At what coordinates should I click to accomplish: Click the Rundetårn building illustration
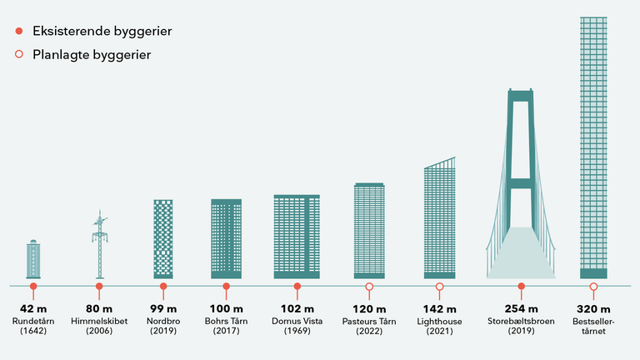(33, 259)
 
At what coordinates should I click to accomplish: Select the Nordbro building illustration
(163, 238)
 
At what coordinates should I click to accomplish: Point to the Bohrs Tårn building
(227, 238)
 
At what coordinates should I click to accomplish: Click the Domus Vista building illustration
(297, 237)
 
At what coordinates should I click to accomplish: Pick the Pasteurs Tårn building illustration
(368, 231)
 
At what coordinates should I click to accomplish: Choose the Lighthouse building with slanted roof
(439, 222)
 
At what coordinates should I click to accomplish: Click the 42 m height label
(33, 310)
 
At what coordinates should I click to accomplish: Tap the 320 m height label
(593, 310)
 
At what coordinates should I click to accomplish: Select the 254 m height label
(521, 310)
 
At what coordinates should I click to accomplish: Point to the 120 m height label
(368, 310)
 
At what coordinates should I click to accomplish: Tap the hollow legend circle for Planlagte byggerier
(19, 56)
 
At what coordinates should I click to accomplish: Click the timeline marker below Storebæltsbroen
(521, 287)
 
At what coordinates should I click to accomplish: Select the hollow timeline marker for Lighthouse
(439, 287)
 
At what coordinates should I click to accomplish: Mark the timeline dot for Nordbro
(163, 287)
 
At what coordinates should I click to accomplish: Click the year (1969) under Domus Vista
(297, 332)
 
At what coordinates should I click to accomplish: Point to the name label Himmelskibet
(99, 321)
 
